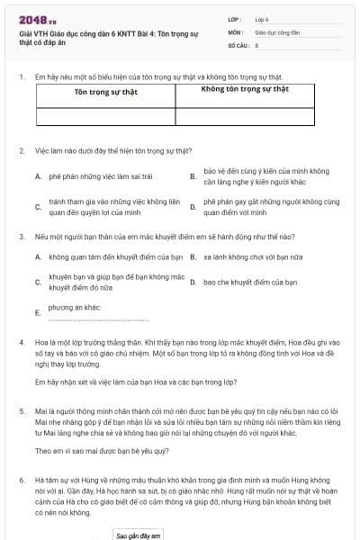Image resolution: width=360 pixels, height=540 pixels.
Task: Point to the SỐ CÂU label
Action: pyautogui.click(x=237, y=44)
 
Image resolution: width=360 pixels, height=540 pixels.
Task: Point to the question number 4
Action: pyautogui.click(x=22, y=343)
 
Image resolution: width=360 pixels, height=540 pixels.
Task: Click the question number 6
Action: pyautogui.click(x=22, y=481)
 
